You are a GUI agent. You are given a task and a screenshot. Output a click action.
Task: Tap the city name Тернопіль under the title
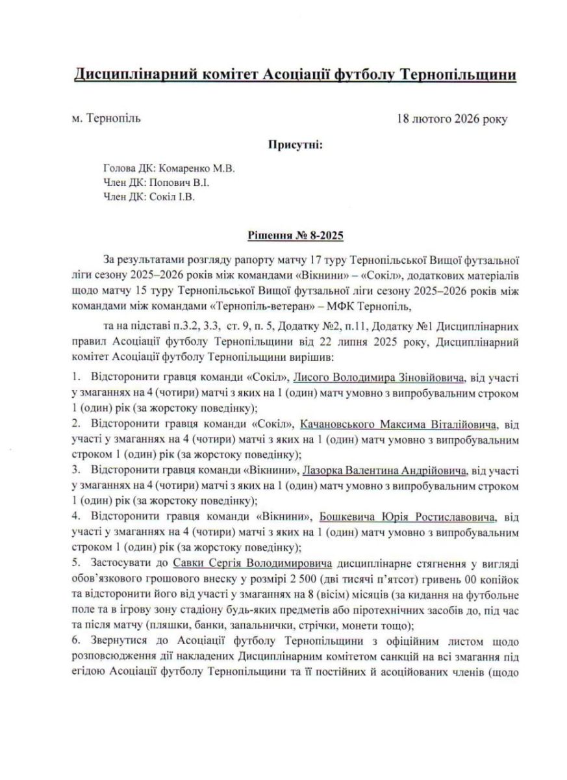tap(112, 118)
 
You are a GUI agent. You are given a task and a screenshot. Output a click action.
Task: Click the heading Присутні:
tap(296, 144)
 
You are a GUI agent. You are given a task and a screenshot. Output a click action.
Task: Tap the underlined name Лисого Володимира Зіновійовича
tap(379, 378)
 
